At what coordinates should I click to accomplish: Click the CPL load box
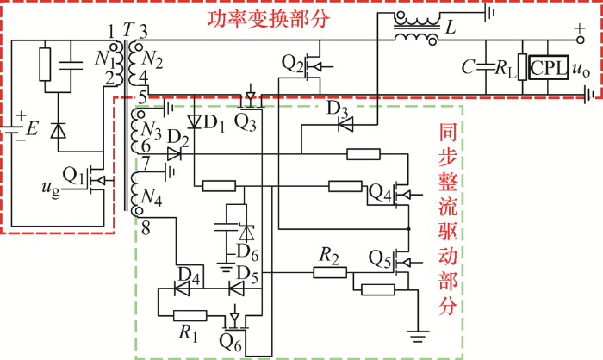click(549, 68)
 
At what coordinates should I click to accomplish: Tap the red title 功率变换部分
click(269, 18)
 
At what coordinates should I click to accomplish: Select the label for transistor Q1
click(73, 176)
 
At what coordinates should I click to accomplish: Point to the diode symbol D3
click(345, 124)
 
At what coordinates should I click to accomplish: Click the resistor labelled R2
click(330, 273)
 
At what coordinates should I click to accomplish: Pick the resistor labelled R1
click(190, 316)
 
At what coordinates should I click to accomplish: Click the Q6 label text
click(230, 342)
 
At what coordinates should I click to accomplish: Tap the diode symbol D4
click(182, 289)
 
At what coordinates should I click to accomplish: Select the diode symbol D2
click(174, 154)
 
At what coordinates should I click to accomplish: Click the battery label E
click(33, 129)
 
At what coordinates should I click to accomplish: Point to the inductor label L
click(450, 28)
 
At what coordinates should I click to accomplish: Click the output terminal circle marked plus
click(581, 40)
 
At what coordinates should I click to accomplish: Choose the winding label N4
click(151, 197)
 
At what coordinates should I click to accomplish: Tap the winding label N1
click(104, 59)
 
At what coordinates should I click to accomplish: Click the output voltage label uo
click(581, 70)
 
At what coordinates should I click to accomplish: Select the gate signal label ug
click(51, 189)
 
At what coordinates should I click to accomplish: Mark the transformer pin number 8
click(146, 229)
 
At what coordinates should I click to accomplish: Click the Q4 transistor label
click(380, 193)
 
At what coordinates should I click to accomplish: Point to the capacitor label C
click(468, 67)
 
